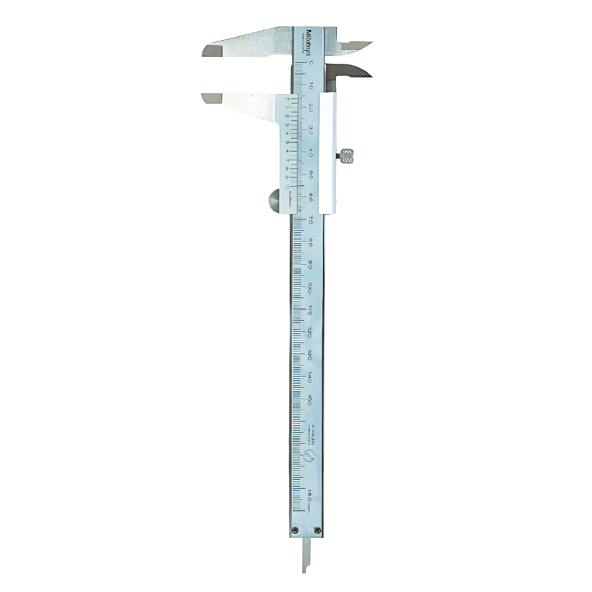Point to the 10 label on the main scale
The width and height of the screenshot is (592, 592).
tap(311, 85)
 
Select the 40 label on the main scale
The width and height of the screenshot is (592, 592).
tap(311, 153)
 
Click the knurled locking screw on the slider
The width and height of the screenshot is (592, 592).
tap(348, 156)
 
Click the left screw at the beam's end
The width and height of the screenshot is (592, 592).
tap(294, 529)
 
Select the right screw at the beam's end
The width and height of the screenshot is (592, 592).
tap(318, 529)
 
